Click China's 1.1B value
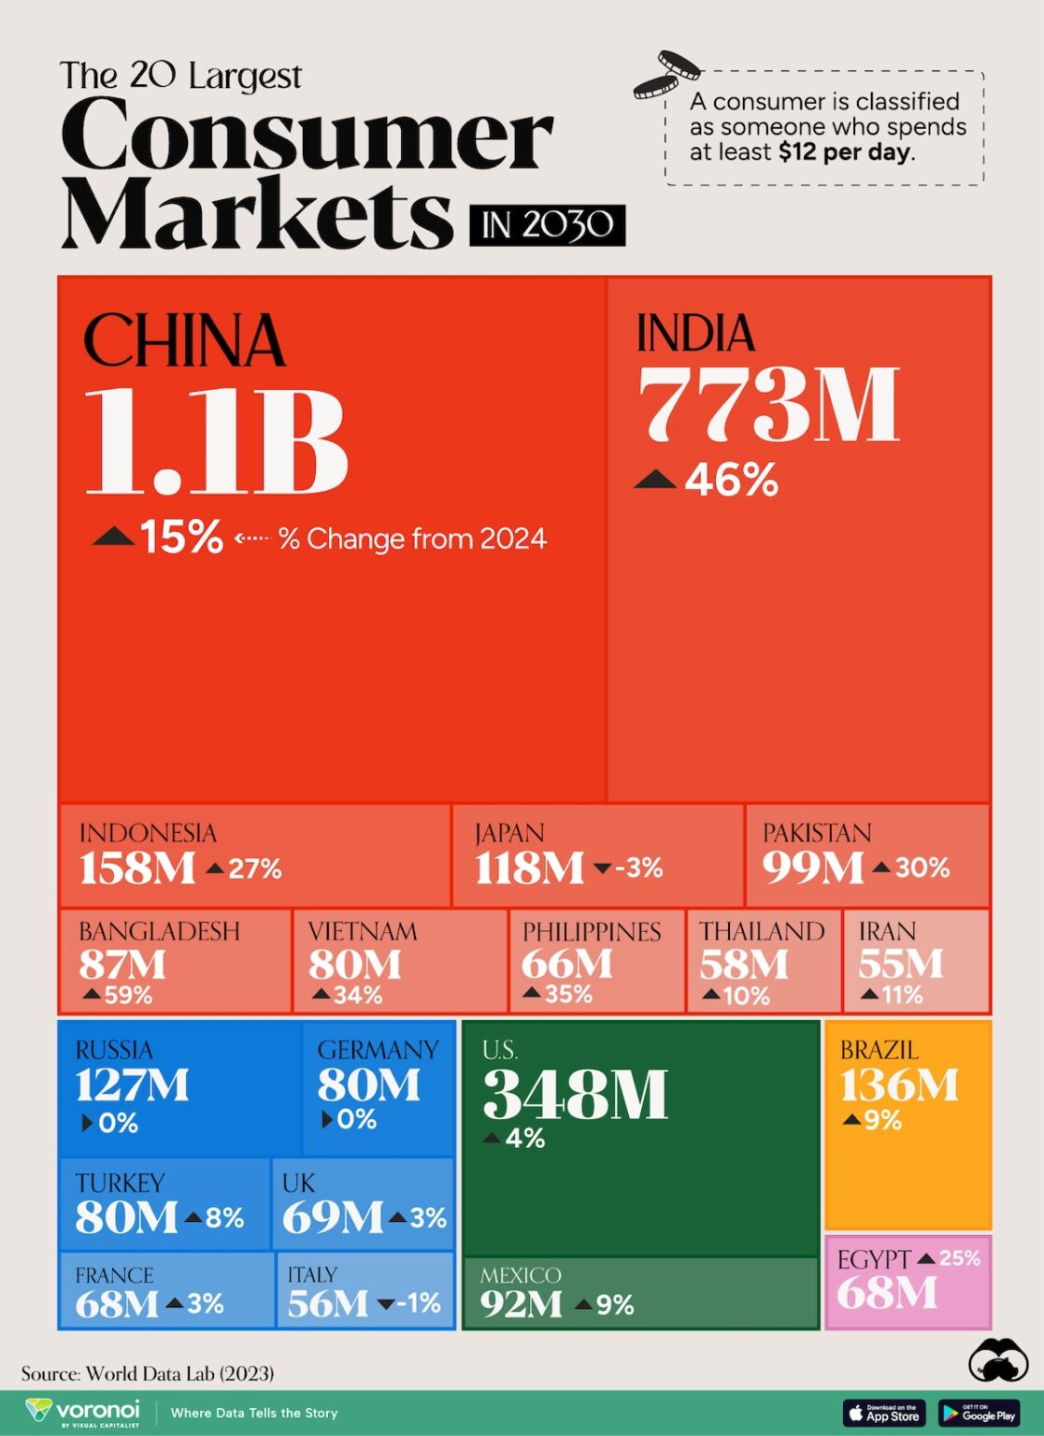coord(216,441)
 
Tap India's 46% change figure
coord(730,481)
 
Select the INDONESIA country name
coord(148,833)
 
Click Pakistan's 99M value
coord(812,868)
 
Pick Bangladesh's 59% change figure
coord(127,995)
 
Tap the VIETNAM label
coord(363,931)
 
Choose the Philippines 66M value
coord(566,964)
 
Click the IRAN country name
coord(887,931)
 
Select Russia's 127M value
coord(132,1084)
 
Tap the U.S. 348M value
coord(575,1094)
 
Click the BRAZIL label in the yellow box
coord(879,1050)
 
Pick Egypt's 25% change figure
coord(959,1258)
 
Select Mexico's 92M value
coord(521,1304)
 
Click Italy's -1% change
coord(416,1303)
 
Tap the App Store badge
coord(883,1413)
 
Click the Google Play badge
coord(979,1413)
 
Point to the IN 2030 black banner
coord(547,225)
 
